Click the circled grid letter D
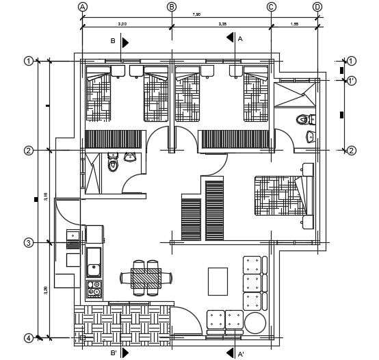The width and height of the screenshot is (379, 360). pyautogui.click(x=317, y=7)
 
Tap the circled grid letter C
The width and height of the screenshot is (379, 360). pyautogui.click(x=271, y=7)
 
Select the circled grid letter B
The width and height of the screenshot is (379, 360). pyautogui.click(x=172, y=7)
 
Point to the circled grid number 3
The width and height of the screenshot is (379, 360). pyautogui.click(x=29, y=243)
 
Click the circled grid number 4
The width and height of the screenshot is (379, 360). pyautogui.click(x=29, y=337)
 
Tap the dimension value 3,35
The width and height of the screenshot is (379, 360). pyautogui.click(x=222, y=24)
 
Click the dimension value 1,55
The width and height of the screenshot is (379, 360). pyautogui.click(x=294, y=24)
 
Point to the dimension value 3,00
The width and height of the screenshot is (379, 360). pyautogui.click(x=122, y=24)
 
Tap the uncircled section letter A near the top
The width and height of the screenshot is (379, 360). pyautogui.click(x=240, y=40)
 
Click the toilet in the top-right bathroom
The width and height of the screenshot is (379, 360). pyautogui.click(x=302, y=121)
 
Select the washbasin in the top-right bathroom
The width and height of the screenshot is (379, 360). pyautogui.click(x=311, y=136)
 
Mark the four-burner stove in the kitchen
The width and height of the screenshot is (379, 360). pyautogui.click(x=94, y=289)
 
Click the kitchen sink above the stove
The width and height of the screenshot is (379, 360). pyautogui.click(x=94, y=261)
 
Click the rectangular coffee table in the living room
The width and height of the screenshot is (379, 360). pyautogui.click(x=218, y=281)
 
